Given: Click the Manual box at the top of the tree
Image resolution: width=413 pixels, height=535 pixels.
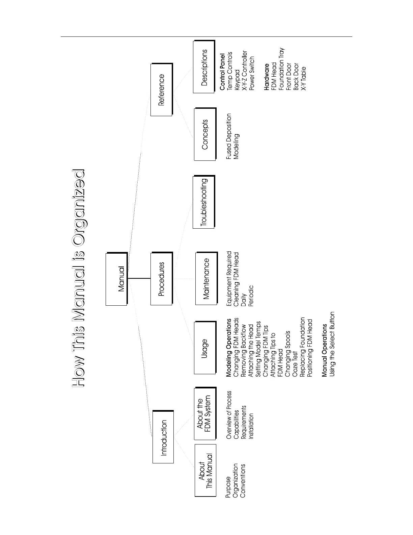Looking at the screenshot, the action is click(x=116, y=279).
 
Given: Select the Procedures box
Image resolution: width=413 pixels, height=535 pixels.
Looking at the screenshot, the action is click(x=161, y=279).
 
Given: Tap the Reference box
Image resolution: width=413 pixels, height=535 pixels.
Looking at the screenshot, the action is click(x=161, y=90).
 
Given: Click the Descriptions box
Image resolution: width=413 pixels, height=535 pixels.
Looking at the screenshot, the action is click(x=204, y=67).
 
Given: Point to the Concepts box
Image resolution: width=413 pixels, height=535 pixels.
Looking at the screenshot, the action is click(x=205, y=134).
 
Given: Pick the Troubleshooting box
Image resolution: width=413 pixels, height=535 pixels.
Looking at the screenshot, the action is click(x=203, y=202).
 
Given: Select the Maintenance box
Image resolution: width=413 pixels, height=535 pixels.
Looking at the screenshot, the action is click(x=206, y=279).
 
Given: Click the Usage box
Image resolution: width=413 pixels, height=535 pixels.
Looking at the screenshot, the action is click(x=204, y=348).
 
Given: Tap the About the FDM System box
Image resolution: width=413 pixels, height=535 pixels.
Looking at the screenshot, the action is click(x=204, y=414).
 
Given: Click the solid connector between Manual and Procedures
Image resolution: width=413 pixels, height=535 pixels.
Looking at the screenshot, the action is click(x=139, y=279).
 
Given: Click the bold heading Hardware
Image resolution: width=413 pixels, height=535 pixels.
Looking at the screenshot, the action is click(x=266, y=77).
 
